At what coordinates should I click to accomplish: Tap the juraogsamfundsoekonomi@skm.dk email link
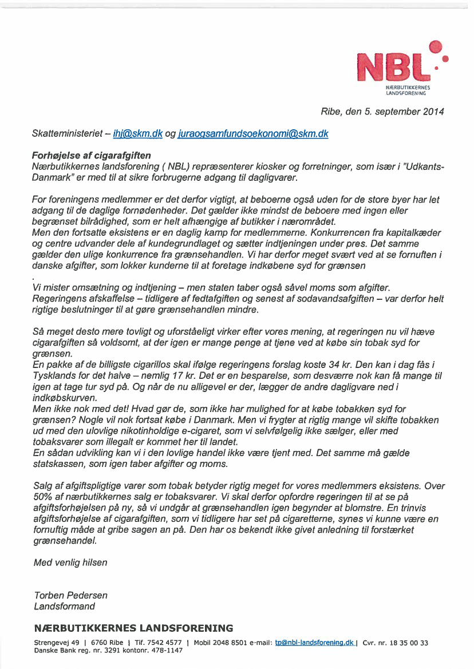(254, 133)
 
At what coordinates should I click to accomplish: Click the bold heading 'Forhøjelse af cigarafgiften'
(92, 155)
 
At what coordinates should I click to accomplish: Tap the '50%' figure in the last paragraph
(44, 497)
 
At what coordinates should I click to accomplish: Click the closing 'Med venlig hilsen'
(70, 563)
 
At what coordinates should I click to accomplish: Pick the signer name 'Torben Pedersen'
(70, 595)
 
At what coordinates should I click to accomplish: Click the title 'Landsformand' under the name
(64, 606)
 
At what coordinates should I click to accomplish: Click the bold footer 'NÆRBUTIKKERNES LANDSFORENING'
(133, 628)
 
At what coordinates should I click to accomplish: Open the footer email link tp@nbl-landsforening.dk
(314, 643)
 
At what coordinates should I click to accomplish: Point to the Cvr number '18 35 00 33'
(409, 643)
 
